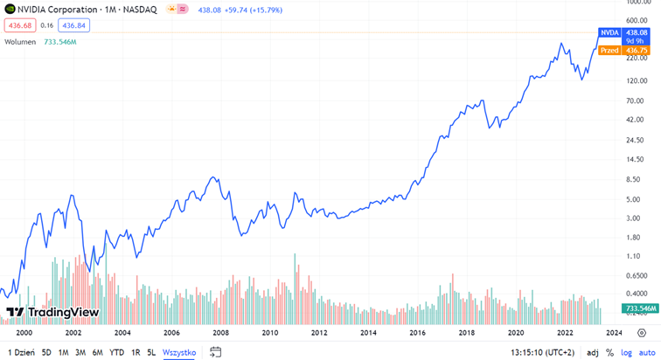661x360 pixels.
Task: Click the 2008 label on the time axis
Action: tap(220, 333)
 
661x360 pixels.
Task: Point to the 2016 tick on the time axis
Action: tap(417, 333)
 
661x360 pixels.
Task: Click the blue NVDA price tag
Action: tap(609, 32)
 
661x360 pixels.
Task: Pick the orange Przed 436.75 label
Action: tap(623, 51)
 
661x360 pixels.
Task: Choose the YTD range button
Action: tap(116, 353)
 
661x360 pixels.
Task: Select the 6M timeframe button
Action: tap(97, 353)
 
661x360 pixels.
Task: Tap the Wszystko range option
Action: tap(179, 353)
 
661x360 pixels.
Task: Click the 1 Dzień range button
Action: tap(21, 353)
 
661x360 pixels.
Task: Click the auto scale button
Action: tap(647, 353)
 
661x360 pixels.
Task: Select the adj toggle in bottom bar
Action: tap(593, 353)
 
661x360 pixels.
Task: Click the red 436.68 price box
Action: tap(19, 26)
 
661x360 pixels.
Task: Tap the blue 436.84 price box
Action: tap(74, 26)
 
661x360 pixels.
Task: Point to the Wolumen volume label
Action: tap(19, 42)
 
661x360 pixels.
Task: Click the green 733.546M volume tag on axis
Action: tap(634, 308)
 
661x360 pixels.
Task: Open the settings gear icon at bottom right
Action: tap(642, 333)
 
